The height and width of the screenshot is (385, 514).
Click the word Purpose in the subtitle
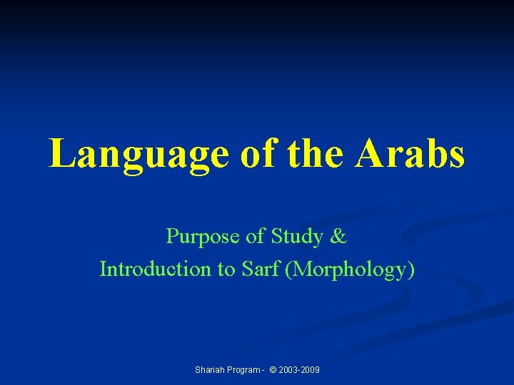pos(196,236)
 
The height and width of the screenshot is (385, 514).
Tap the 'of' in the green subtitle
pos(240,235)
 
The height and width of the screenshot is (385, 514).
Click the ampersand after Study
pos(339,235)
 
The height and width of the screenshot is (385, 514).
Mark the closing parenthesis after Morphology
pos(410,269)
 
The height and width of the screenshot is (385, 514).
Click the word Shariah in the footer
pos(209,370)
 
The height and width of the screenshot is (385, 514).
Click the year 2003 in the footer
pos(291,370)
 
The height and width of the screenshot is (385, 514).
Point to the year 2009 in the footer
pos(311,370)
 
